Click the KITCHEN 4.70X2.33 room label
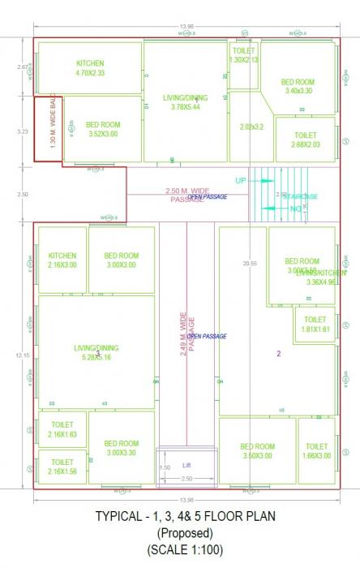pos(89,68)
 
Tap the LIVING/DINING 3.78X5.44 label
pos(184,102)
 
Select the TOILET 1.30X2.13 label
pos(244,55)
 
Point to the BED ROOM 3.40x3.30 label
pos(298,86)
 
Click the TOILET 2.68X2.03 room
pos(306,140)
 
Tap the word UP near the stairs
pos(241,179)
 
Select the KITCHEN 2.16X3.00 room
pos(62,260)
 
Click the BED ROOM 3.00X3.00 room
pos(122,260)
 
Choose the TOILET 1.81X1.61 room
pos(316,325)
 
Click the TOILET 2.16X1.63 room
pos(62,429)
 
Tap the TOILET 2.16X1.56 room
pos(62,467)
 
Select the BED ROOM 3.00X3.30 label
pos(122,449)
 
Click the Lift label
pos(186,465)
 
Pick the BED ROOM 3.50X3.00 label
pos(258,451)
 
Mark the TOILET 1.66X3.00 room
pos(316,451)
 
